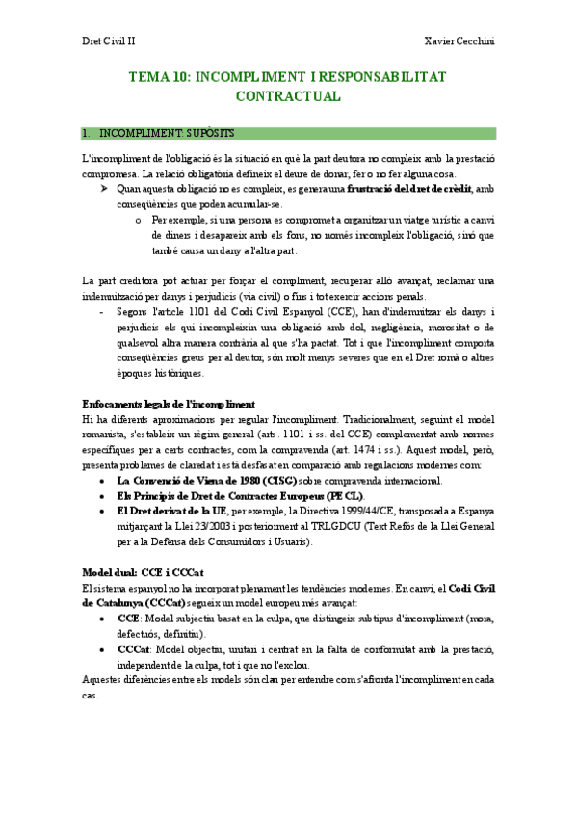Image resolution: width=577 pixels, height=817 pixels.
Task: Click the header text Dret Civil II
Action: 108,41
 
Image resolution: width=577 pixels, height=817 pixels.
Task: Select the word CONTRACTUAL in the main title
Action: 288,96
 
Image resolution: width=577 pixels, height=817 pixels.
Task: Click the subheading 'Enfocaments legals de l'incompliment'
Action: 169,402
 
